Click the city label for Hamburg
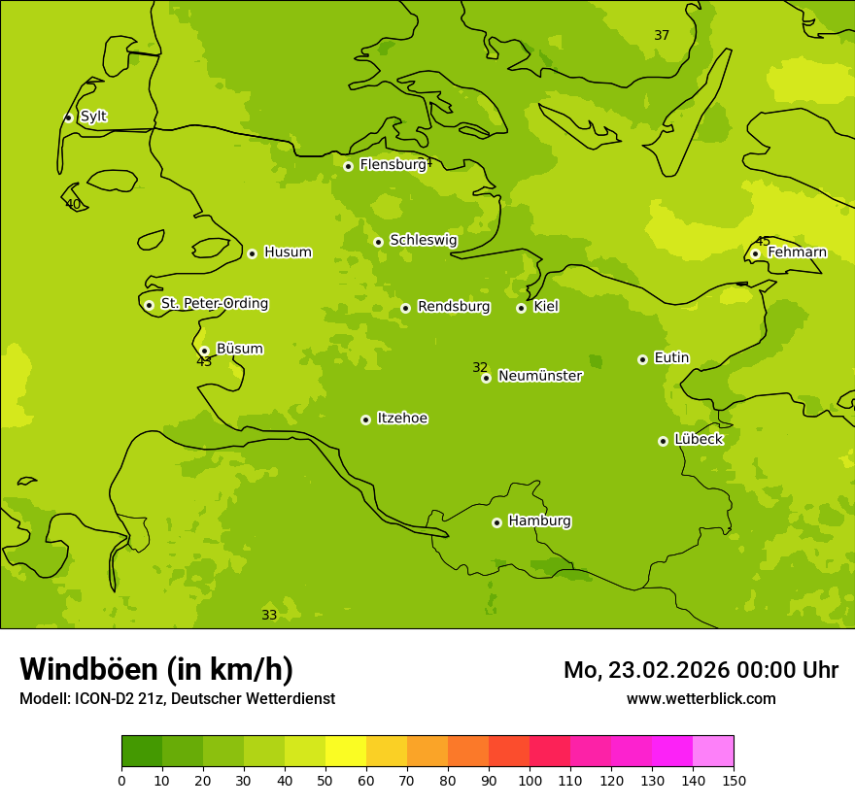[x=539, y=521]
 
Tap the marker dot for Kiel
[x=521, y=308]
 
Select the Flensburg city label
[x=393, y=165]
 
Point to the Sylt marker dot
[x=68, y=118]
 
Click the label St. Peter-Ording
[x=214, y=304]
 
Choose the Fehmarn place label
[x=797, y=252]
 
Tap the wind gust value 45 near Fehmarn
[x=763, y=241]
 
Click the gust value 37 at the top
[x=662, y=36]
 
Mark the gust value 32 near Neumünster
[x=480, y=367]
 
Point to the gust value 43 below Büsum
[x=204, y=362]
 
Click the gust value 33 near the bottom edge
[x=269, y=616]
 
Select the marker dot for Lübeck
[x=663, y=441]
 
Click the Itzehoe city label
[x=402, y=419]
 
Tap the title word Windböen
[x=88, y=669]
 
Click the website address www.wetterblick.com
[x=701, y=699]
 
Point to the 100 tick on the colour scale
[x=530, y=781]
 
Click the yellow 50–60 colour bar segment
[x=346, y=752]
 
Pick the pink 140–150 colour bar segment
[x=713, y=752]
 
